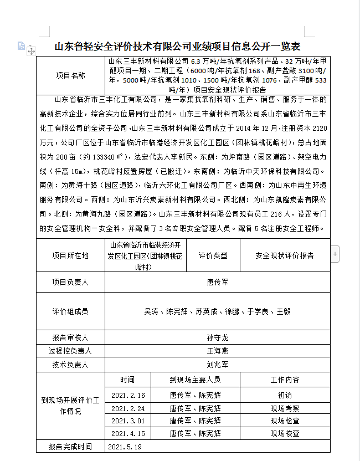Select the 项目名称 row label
coord(71,75)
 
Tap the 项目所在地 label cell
coord(70,255)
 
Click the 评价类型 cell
coord(213,255)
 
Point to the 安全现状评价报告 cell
coord(284,255)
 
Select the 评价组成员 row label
coord(70,311)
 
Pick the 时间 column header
coord(127,380)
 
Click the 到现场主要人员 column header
coord(195,380)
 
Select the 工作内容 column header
coord(285,380)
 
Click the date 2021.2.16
coord(128,395)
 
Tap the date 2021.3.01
coord(128,421)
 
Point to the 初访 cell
coord(285,395)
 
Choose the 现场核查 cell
coord(285,433)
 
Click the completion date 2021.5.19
coord(126,447)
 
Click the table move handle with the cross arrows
coord(31,51)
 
